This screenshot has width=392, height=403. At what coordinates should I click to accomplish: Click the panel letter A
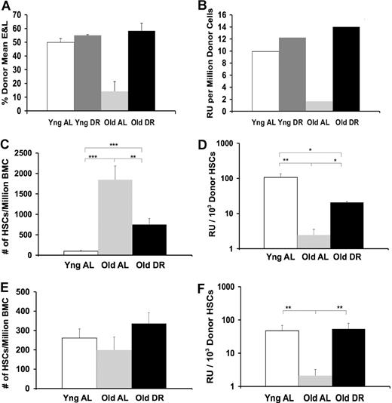tap(6, 6)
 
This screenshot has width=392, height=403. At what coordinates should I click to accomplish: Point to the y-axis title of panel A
tap(8, 60)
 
